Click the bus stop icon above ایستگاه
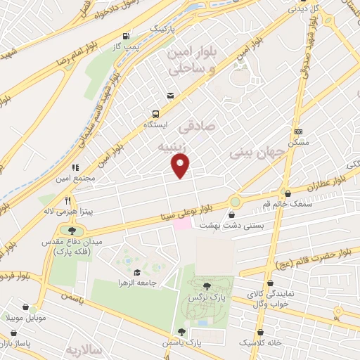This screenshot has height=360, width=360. pos(155,112)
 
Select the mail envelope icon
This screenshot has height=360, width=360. pos(170,96)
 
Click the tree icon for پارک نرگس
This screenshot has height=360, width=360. pos(206,285)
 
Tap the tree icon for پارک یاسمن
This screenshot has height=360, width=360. pos(182,331)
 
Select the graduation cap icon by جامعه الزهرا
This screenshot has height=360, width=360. pos(136,272)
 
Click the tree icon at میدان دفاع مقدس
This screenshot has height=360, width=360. pos(72,230)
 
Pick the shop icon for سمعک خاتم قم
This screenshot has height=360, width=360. pos(287,193)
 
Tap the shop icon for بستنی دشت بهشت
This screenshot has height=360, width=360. pos(232,215)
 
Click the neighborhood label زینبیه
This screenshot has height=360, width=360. pos(174,147)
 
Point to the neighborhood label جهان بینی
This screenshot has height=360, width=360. pos(256,152)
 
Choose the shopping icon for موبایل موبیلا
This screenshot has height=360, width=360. pos(26,307)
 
